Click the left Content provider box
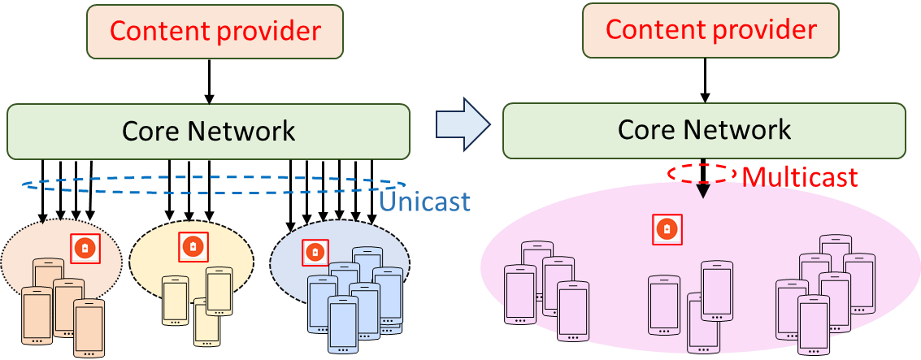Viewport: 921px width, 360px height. (x=215, y=32)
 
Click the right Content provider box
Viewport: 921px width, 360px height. (x=710, y=30)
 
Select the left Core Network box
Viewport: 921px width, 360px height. (x=208, y=131)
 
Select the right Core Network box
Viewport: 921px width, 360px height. (x=704, y=130)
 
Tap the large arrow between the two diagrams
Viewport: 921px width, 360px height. (x=463, y=124)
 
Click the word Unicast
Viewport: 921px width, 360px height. (x=425, y=201)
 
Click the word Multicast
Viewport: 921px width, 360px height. (x=800, y=176)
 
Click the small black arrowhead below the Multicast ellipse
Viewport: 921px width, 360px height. (x=703, y=192)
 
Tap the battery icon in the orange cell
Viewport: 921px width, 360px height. (x=85, y=248)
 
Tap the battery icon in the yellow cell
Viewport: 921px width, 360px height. (x=193, y=246)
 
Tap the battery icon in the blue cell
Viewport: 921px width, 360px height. (x=315, y=254)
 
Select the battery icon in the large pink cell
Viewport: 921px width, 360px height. (x=667, y=230)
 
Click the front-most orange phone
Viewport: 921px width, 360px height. (x=89, y=327)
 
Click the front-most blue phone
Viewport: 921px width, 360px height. (x=343, y=323)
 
